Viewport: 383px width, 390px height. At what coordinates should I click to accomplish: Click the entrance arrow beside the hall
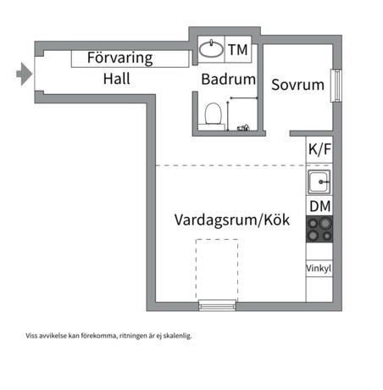[x=25, y=74]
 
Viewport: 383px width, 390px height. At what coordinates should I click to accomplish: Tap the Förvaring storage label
[x=120, y=58]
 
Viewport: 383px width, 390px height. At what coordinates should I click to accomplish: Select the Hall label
[x=117, y=79]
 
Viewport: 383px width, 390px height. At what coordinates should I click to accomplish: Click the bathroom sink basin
[x=211, y=49]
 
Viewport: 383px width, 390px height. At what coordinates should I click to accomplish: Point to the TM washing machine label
[x=238, y=50]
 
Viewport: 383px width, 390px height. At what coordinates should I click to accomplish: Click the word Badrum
[x=229, y=79]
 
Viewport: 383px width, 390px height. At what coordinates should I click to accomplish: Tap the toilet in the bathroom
[x=212, y=115]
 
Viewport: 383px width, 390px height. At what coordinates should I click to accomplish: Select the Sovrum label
[x=297, y=85]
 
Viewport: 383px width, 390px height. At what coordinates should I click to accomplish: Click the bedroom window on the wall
[x=336, y=86]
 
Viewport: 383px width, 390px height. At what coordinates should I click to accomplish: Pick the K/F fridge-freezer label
[x=319, y=149]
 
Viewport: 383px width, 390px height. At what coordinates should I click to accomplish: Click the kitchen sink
[x=319, y=182]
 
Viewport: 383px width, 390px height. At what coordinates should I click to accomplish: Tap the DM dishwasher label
[x=320, y=206]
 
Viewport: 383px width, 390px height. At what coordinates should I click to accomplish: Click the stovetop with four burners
[x=319, y=229]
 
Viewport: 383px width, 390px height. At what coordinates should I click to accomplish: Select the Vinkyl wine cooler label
[x=319, y=268]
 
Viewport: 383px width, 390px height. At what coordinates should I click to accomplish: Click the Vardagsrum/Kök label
[x=232, y=220]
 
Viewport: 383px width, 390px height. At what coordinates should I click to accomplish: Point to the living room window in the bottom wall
[x=218, y=305]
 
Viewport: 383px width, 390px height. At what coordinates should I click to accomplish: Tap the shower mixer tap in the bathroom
[x=243, y=128]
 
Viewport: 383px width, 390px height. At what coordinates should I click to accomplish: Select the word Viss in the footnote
[x=31, y=336]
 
